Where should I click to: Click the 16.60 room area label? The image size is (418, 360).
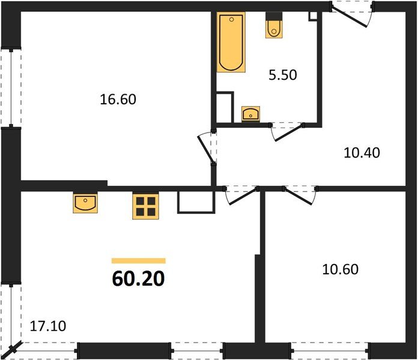point(118,98)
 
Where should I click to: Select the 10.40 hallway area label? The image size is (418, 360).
point(362,152)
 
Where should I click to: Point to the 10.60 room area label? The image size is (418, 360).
point(340,269)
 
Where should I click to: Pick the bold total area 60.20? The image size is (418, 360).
point(138,280)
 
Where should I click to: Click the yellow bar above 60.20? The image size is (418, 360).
point(138,261)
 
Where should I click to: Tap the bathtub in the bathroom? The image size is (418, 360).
point(231,42)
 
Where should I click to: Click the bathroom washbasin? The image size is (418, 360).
point(250,113)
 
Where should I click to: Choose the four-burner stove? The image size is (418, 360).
point(145,206)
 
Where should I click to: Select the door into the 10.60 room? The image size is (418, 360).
point(299,193)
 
